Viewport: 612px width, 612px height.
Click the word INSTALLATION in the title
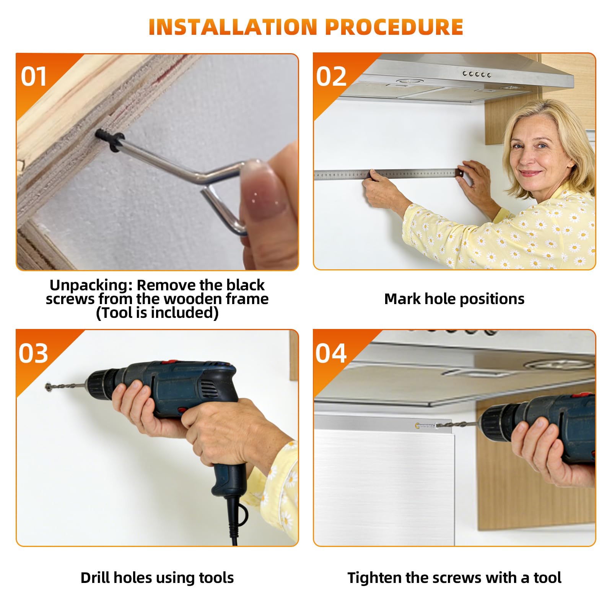tap(233, 27)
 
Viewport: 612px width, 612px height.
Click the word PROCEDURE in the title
tap(394, 27)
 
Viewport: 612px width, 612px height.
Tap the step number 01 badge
tap(34, 76)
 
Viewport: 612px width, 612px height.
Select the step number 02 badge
tap(331, 76)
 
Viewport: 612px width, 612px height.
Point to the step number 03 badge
tap(34, 353)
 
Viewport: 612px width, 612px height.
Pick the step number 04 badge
tap(331, 353)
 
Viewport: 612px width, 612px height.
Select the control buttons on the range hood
tap(477, 74)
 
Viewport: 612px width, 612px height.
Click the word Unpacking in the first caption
tap(91, 285)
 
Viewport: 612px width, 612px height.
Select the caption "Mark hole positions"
tap(454, 299)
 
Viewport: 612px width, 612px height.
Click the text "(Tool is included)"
tap(157, 313)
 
